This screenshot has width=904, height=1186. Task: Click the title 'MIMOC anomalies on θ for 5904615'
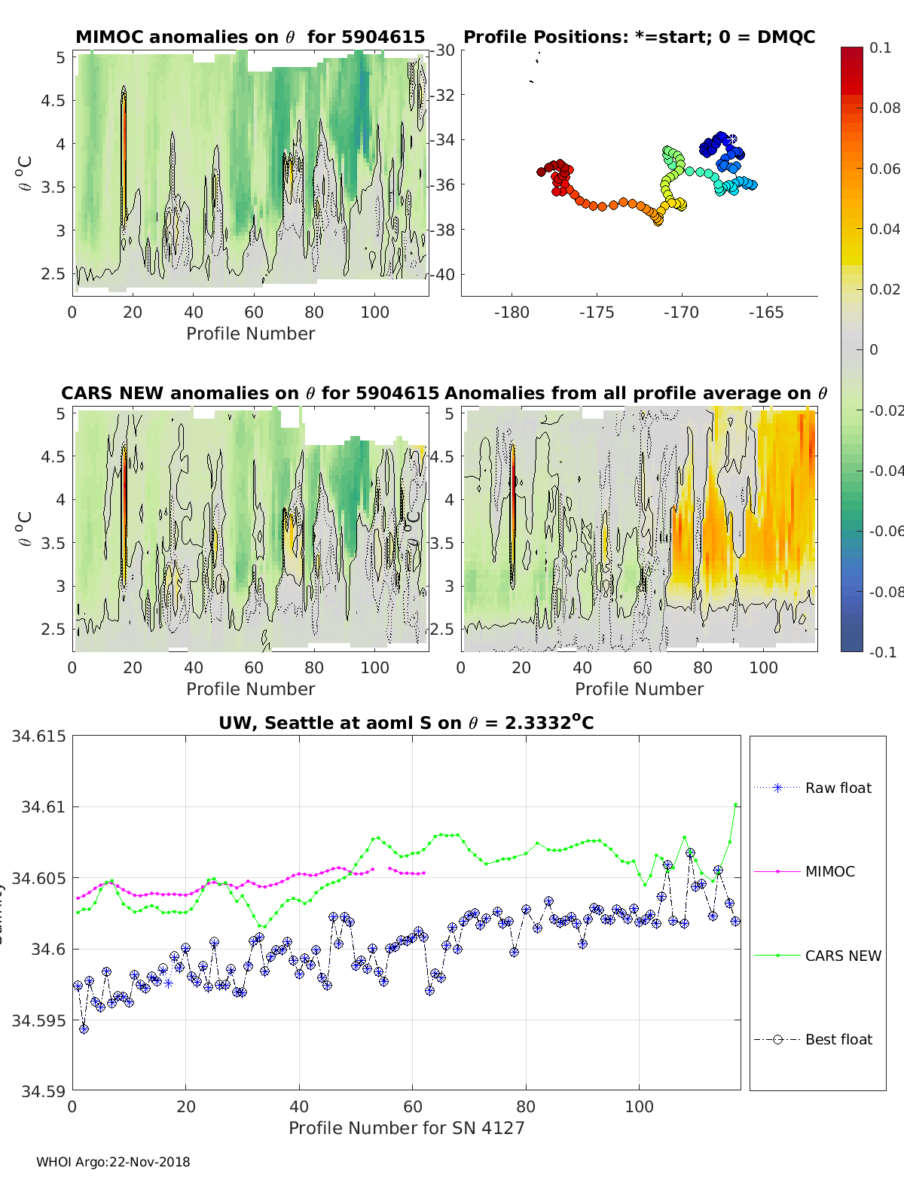pos(250,37)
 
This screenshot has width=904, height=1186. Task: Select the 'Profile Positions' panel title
pos(639,37)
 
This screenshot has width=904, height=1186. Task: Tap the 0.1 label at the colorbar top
pos(880,47)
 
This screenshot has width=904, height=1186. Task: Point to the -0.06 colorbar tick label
pos(885,531)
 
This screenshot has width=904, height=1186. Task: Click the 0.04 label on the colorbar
pos(884,229)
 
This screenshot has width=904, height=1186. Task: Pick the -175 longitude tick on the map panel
pos(597,313)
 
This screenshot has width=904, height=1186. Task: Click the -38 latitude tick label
pos(443,230)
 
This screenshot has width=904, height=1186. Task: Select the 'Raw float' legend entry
pos(838,788)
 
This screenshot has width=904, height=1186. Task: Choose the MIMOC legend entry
pos(829,871)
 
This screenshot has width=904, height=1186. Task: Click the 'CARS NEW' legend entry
pos(842,956)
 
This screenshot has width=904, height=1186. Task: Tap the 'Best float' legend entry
pos(838,1039)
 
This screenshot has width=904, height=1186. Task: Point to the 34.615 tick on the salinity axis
pos(38,736)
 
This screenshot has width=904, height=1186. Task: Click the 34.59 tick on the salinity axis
pos(42,1090)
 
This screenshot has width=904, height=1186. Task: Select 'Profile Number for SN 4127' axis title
pos(406,1128)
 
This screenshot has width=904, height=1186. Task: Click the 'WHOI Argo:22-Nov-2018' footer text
pos(113,1162)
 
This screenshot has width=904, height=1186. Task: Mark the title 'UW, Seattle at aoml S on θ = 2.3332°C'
pos(406,723)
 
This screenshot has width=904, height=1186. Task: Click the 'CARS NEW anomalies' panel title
pos(249,393)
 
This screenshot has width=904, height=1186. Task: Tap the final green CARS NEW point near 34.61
pos(735,805)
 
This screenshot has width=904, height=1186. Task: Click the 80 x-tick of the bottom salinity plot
pos(526,1106)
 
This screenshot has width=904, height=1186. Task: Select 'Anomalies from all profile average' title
pos(636,393)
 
